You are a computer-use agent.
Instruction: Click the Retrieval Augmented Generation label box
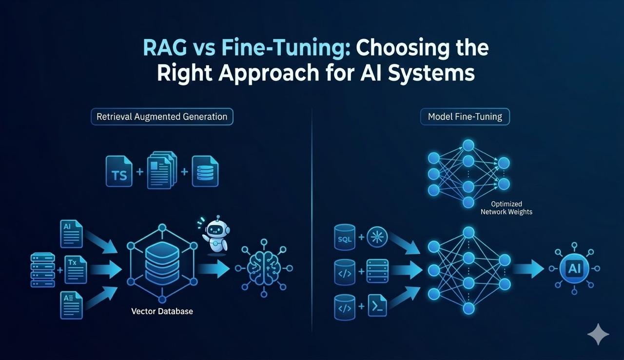point(162,117)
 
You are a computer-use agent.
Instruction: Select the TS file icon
point(119,172)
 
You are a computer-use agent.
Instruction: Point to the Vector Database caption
point(162,311)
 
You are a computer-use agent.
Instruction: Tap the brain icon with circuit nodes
point(263,268)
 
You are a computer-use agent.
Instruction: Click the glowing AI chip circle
point(574,268)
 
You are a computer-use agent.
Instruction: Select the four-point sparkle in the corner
point(598,335)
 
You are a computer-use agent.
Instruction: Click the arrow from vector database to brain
point(215,268)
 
